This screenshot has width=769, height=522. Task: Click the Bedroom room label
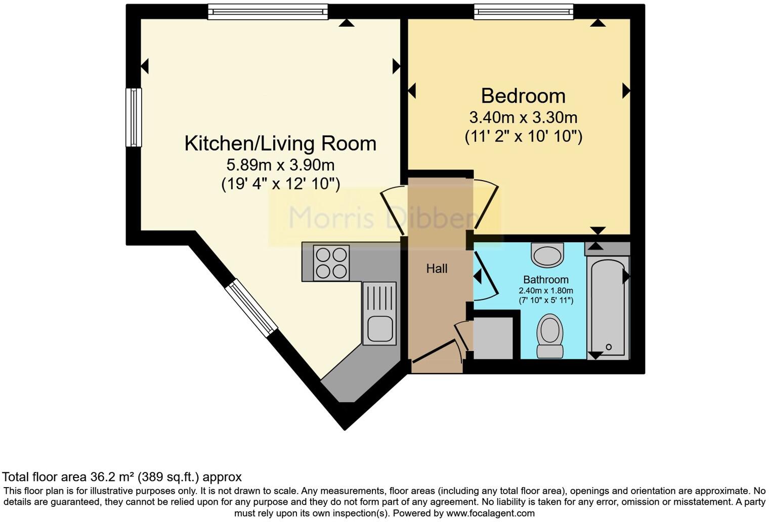pyautogui.click(x=523, y=96)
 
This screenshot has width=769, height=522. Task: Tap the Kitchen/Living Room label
pyautogui.click(x=280, y=144)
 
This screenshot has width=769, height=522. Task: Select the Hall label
pyautogui.click(x=437, y=269)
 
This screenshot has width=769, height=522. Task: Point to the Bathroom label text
pyautogui.click(x=545, y=280)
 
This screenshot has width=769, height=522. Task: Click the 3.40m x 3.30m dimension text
pyautogui.click(x=523, y=118)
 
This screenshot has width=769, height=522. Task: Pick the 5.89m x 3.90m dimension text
pyautogui.click(x=280, y=165)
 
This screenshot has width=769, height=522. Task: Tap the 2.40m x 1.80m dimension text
pyautogui.click(x=545, y=291)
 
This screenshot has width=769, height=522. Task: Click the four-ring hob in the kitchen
pyautogui.click(x=331, y=263)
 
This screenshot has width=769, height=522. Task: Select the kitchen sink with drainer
pyautogui.click(x=379, y=314)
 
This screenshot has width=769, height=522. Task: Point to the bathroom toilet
pyautogui.click(x=549, y=336)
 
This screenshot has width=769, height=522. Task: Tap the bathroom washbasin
pyautogui.click(x=547, y=254)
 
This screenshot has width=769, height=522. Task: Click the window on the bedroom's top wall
pyautogui.click(x=523, y=12)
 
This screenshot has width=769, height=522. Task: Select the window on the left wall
pyautogui.click(x=134, y=117)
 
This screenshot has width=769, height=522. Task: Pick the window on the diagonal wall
pyautogui.click(x=251, y=308)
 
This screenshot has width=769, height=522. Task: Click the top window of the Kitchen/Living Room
pyautogui.click(x=268, y=12)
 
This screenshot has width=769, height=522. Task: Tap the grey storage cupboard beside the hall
pyautogui.click(x=493, y=338)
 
